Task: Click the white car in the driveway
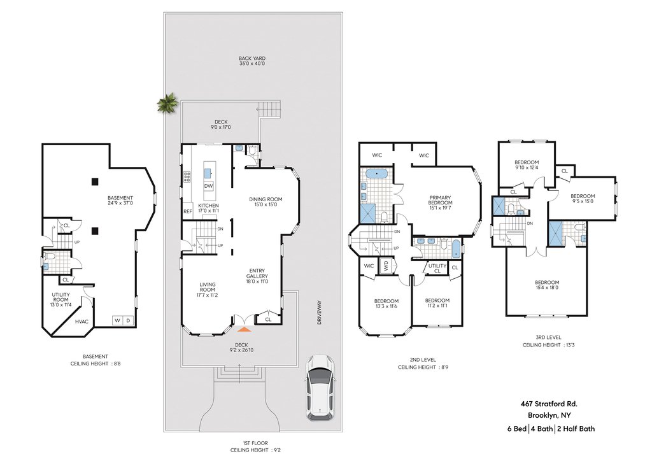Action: coord(320,388)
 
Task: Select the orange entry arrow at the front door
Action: coord(244,330)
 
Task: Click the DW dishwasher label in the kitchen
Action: coord(208,186)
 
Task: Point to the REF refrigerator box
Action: coord(188,211)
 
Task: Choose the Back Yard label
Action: coord(252,61)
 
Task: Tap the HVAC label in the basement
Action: coord(81,322)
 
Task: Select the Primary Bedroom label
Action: coord(440,201)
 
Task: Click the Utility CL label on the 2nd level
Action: coord(437,268)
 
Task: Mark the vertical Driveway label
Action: coord(319,313)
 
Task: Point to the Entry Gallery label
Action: coord(257,276)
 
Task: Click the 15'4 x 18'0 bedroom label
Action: coord(547,288)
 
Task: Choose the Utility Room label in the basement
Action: coord(60,297)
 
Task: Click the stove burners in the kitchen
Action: coord(187,178)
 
